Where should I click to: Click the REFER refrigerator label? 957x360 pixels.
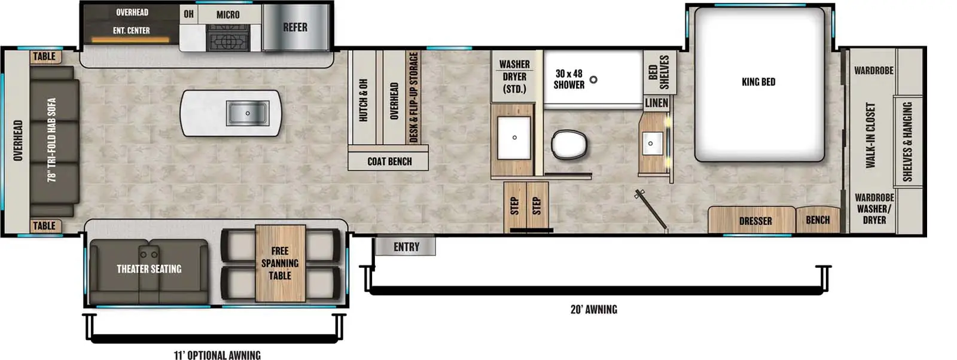pyautogui.click(x=295, y=28)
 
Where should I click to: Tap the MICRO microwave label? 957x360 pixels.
pyautogui.click(x=228, y=14)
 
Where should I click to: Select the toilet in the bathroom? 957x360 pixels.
pyautogui.click(x=568, y=145)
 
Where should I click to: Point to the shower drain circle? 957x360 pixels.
pyautogui.click(x=593, y=80)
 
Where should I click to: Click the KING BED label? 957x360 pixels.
pyautogui.click(x=758, y=82)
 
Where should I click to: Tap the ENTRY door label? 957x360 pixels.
pyautogui.click(x=406, y=246)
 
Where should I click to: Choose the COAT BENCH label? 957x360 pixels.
pyautogui.click(x=389, y=161)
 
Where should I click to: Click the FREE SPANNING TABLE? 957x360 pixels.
pyautogui.click(x=280, y=263)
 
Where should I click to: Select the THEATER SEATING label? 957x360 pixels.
pyautogui.click(x=149, y=269)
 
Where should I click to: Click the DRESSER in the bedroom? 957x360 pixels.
pyautogui.click(x=755, y=221)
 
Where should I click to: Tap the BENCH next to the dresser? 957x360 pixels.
pyautogui.click(x=818, y=220)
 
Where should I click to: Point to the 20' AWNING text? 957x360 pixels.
pyautogui.click(x=593, y=309)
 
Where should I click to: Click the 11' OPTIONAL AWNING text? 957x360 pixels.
pyautogui.click(x=217, y=355)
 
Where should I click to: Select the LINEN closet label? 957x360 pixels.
pyautogui.click(x=656, y=103)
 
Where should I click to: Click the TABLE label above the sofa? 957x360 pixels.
pyautogui.click(x=44, y=57)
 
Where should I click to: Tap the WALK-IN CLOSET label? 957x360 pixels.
pyautogui.click(x=870, y=135)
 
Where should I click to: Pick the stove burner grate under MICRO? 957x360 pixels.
pyautogui.click(x=227, y=41)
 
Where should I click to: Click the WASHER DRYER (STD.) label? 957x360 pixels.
pyautogui.click(x=514, y=77)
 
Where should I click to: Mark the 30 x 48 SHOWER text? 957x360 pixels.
pyautogui.click(x=568, y=79)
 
